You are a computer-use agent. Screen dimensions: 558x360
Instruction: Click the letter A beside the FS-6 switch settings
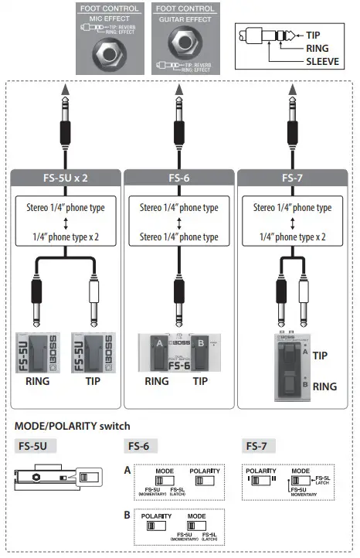[x=127, y=470]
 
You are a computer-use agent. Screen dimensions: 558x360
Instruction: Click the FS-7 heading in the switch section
[x=257, y=446]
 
